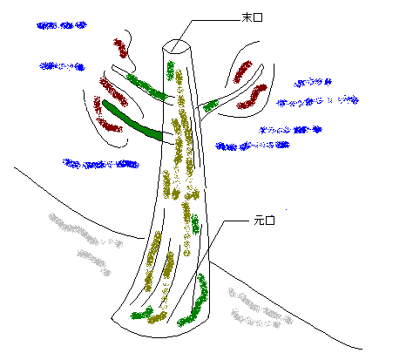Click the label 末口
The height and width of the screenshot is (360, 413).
pyautogui.click(x=252, y=17)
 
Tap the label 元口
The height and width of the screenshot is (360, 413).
pyautogui.click(x=264, y=221)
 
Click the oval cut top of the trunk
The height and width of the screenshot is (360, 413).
pyautogui.click(x=177, y=46)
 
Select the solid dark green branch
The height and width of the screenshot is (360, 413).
pyautogui.click(x=132, y=120)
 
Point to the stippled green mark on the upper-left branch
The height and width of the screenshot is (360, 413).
pyautogui.click(x=146, y=86)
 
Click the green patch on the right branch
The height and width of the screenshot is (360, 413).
pyautogui.click(x=211, y=105)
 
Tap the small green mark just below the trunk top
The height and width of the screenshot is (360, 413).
pyautogui.click(x=170, y=71)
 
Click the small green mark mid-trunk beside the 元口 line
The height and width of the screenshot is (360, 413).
pyautogui.click(x=195, y=224)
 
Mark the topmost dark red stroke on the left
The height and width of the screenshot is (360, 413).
pyautogui.click(x=120, y=48)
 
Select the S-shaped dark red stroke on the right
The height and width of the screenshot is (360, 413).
pyautogui.click(x=252, y=97)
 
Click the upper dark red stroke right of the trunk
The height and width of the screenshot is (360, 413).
pyautogui.click(x=243, y=72)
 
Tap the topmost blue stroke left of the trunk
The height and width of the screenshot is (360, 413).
pyautogui.click(x=62, y=25)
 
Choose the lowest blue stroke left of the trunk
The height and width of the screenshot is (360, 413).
pyautogui.click(x=101, y=164)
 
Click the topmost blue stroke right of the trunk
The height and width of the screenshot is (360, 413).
pyautogui.click(x=313, y=83)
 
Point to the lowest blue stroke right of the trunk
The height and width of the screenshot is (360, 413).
pyautogui.click(x=253, y=146)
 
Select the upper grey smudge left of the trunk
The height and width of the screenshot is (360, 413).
pyautogui.click(x=85, y=231)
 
